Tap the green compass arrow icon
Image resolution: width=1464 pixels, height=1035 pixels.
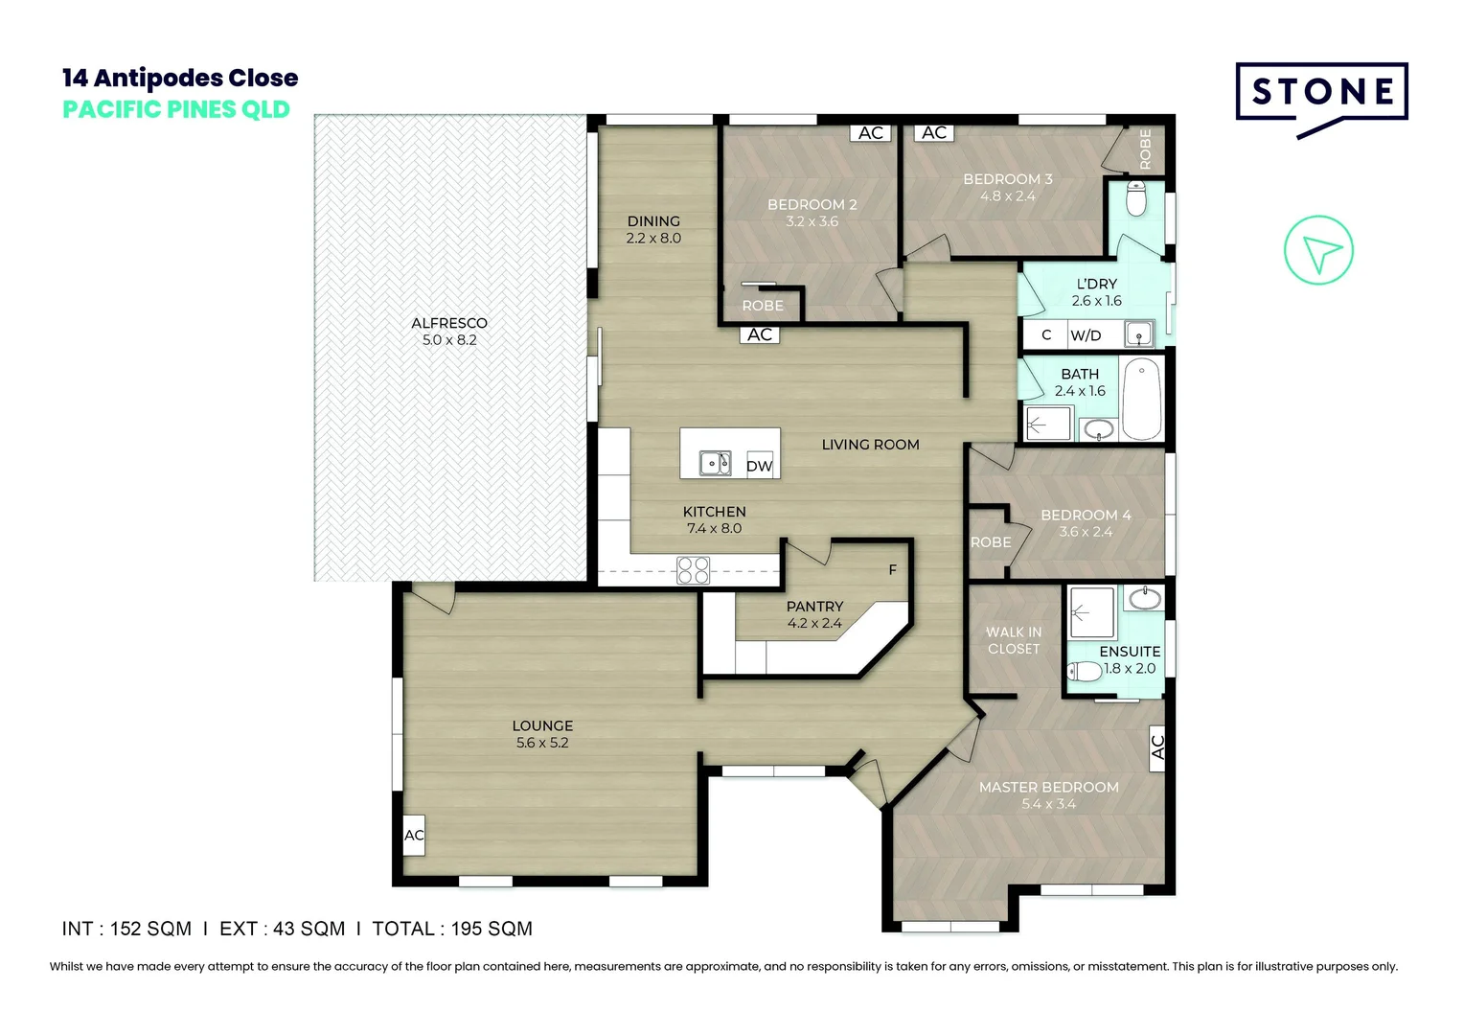point(1318,251)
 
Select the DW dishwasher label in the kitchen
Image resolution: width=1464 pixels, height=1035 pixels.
point(759,466)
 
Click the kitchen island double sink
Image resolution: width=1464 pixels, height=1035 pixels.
point(715,463)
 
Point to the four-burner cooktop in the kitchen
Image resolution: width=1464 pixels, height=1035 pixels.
point(693,570)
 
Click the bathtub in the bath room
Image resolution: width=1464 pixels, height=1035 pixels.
point(1141,399)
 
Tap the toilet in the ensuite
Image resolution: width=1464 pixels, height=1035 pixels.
point(1085,670)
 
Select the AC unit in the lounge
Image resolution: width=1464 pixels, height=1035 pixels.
point(414,835)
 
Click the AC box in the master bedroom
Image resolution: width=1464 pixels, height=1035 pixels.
point(1156,746)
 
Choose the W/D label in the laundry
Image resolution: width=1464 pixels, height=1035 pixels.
point(1086,335)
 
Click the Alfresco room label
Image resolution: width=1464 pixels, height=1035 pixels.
point(449,323)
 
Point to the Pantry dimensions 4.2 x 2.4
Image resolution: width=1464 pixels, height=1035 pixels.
point(814,623)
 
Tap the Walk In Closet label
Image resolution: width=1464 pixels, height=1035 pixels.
point(1014,640)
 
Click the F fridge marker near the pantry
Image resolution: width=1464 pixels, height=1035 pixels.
point(892,570)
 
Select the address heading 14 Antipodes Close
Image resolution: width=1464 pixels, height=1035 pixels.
point(180,78)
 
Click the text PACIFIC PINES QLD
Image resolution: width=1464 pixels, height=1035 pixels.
point(176,109)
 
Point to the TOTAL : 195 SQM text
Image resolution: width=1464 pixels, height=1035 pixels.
point(452,929)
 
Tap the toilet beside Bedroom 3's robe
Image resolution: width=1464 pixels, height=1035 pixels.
point(1136,199)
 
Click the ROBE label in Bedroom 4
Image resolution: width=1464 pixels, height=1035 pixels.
point(991,542)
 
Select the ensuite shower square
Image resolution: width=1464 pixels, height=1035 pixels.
point(1091,612)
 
